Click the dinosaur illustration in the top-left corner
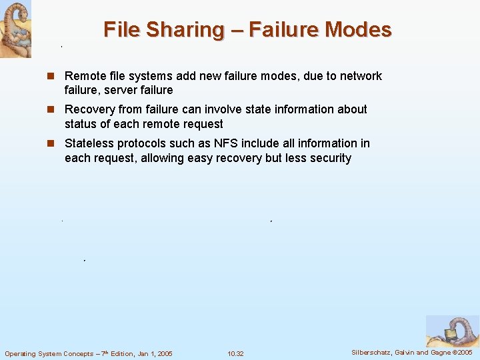[x=15, y=29]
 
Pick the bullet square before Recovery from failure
[x=51, y=109]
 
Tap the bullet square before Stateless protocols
[x=51, y=143]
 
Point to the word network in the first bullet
[x=361, y=76]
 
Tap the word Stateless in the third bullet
[x=89, y=143]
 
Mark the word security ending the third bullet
[x=328, y=158]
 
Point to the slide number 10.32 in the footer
[x=235, y=353]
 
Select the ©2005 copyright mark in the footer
[x=463, y=352]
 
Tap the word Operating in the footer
[x=21, y=353]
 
